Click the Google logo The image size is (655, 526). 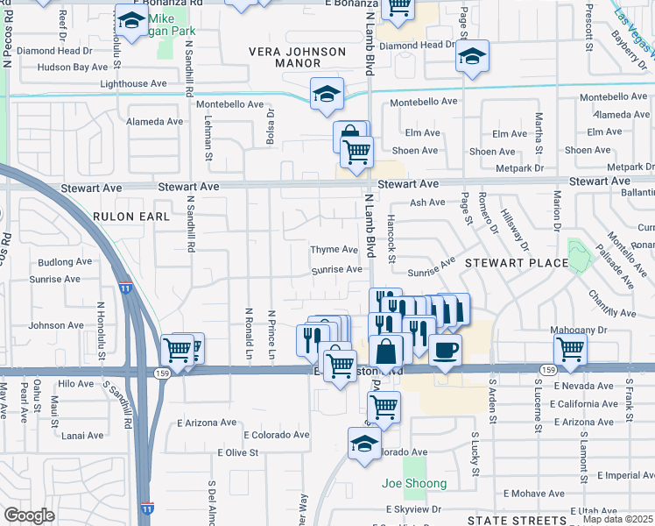click(x=29, y=515)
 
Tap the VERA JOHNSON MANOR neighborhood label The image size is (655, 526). click(x=298, y=58)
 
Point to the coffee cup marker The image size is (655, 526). click(x=445, y=350)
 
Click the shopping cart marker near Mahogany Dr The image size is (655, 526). click(x=571, y=349)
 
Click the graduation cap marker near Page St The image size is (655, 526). click(x=472, y=58)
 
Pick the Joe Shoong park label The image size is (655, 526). click(x=414, y=483)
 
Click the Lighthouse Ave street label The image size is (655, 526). click(x=133, y=84)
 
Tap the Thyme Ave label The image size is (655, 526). click(x=334, y=250)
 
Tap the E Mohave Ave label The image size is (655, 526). click(x=533, y=494)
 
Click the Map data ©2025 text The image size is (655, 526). click(x=617, y=519)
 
